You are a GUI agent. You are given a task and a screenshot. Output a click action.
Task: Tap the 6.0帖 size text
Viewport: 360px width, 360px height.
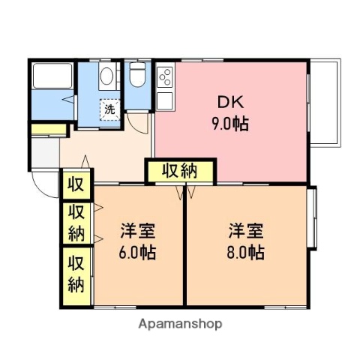tap(137, 251)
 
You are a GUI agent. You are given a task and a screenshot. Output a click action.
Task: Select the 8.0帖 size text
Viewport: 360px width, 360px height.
tap(245, 251)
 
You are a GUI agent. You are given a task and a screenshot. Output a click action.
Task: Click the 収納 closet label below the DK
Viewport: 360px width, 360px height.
tap(181, 171)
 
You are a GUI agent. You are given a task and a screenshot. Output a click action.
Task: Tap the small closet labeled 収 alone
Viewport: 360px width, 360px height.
tap(76, 184)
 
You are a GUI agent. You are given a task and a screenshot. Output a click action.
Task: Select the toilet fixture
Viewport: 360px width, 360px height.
tap(137, 77)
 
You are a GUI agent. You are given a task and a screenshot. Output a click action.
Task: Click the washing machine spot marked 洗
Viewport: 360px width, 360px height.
tap(110, 109)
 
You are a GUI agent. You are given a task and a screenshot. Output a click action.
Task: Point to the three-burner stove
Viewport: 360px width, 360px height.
tap(164, 76)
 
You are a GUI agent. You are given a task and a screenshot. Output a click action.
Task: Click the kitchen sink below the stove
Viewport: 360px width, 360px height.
tap(164, 97)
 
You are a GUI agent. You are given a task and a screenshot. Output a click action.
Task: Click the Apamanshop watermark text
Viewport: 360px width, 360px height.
tap(180, 324)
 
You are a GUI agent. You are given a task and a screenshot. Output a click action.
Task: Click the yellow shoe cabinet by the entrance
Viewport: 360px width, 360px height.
tap(49, 132)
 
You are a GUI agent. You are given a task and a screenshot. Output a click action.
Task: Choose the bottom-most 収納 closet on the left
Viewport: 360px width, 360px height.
tap(76, 274)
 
